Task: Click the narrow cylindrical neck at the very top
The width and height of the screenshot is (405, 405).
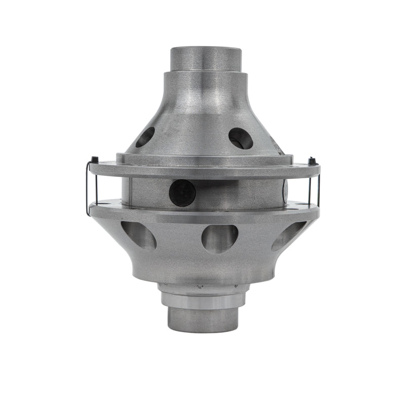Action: point(206,58)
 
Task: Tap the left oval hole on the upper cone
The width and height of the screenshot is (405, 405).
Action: point(145,137)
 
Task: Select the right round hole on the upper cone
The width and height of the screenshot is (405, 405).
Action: point(240,138)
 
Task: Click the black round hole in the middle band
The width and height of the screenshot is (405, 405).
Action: point(182,193)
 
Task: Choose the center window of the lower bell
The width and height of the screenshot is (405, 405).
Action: point(220,238)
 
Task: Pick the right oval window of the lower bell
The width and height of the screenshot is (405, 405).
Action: point(288,236)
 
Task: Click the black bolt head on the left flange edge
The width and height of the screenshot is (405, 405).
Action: point(95,160)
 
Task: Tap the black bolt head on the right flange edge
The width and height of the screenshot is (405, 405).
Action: point(312,161)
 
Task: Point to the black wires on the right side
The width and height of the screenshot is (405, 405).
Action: point(317,187)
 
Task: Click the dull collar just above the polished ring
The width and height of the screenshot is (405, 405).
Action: point(204,289)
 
